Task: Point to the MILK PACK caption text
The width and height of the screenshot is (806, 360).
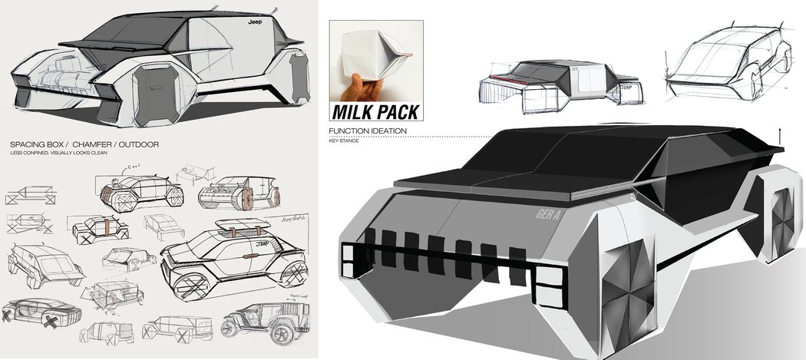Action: tap(376, 112)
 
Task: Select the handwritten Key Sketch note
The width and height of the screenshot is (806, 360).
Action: tap(292, 218)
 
